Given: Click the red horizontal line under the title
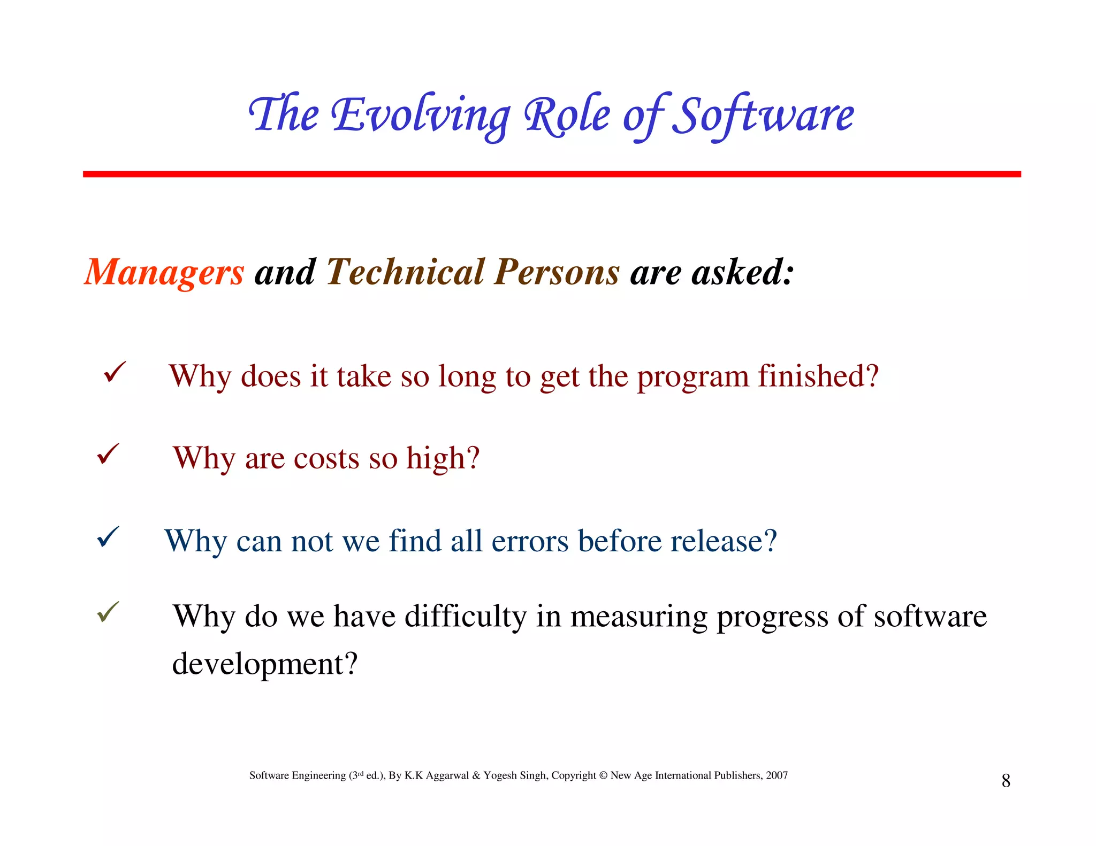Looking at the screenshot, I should [551, 174].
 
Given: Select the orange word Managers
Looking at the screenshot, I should [164, 272].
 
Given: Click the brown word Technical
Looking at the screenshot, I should [405, 272].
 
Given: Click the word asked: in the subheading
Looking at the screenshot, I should [742, 272].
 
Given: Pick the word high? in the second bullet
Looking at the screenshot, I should [443, 459].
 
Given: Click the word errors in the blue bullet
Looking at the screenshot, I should [530, 541].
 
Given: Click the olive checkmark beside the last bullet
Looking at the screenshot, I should [108, 612].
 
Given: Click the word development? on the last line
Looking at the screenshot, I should [264, 664].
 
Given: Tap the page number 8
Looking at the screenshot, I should [1006, 781].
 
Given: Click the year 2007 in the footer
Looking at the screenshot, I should [777, 775].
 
